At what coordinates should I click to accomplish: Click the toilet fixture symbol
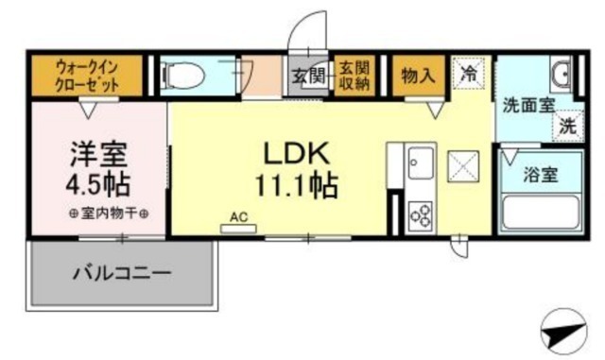click(x=183, y=75)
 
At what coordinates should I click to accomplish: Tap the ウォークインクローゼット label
click(x=87, y=76)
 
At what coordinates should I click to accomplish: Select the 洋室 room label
click(x=98, y=155)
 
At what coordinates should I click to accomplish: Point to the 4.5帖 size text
click(x=97, y=185)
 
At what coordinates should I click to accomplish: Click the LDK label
click(x=296, y=153)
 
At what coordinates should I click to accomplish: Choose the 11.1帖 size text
click(x=296, y=185)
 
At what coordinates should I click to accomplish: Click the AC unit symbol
click(x=238, y=229)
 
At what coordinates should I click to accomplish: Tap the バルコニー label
click(x=122, y=274)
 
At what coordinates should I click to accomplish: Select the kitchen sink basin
click(x=421, y=163)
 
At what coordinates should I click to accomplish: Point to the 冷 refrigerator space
click(x=469, y=74)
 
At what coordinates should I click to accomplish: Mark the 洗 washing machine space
click(x=567, y=126)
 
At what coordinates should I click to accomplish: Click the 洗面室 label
click(x=528, y=105)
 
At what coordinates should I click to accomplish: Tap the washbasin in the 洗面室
click(x=562, y=74)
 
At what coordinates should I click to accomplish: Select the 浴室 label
click(x=540, y=175)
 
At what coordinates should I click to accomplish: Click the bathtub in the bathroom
click(x=541, y=214)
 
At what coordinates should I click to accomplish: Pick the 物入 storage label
click(x=418, y=75)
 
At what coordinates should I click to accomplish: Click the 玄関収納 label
click(x=354, y=76)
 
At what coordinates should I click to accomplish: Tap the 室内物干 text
click(x=109, y=214)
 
